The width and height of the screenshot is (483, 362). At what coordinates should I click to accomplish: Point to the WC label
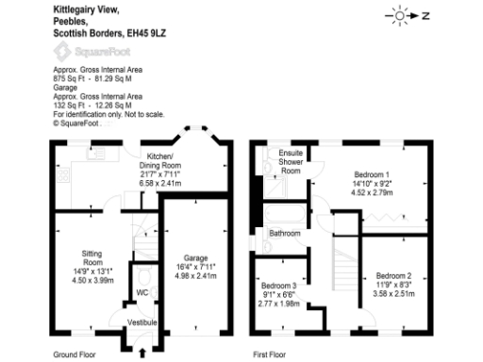(142, 294)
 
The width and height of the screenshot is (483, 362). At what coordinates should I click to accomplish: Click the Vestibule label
(141, 322)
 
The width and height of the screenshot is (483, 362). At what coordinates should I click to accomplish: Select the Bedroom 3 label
(280, 285)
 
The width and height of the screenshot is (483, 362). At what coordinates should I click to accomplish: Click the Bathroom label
(284, 232)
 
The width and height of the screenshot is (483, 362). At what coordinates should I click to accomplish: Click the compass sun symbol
(402, 16)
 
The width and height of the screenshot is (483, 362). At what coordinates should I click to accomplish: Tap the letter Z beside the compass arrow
(425, 16)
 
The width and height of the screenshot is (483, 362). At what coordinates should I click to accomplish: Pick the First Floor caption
(271, 355)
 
